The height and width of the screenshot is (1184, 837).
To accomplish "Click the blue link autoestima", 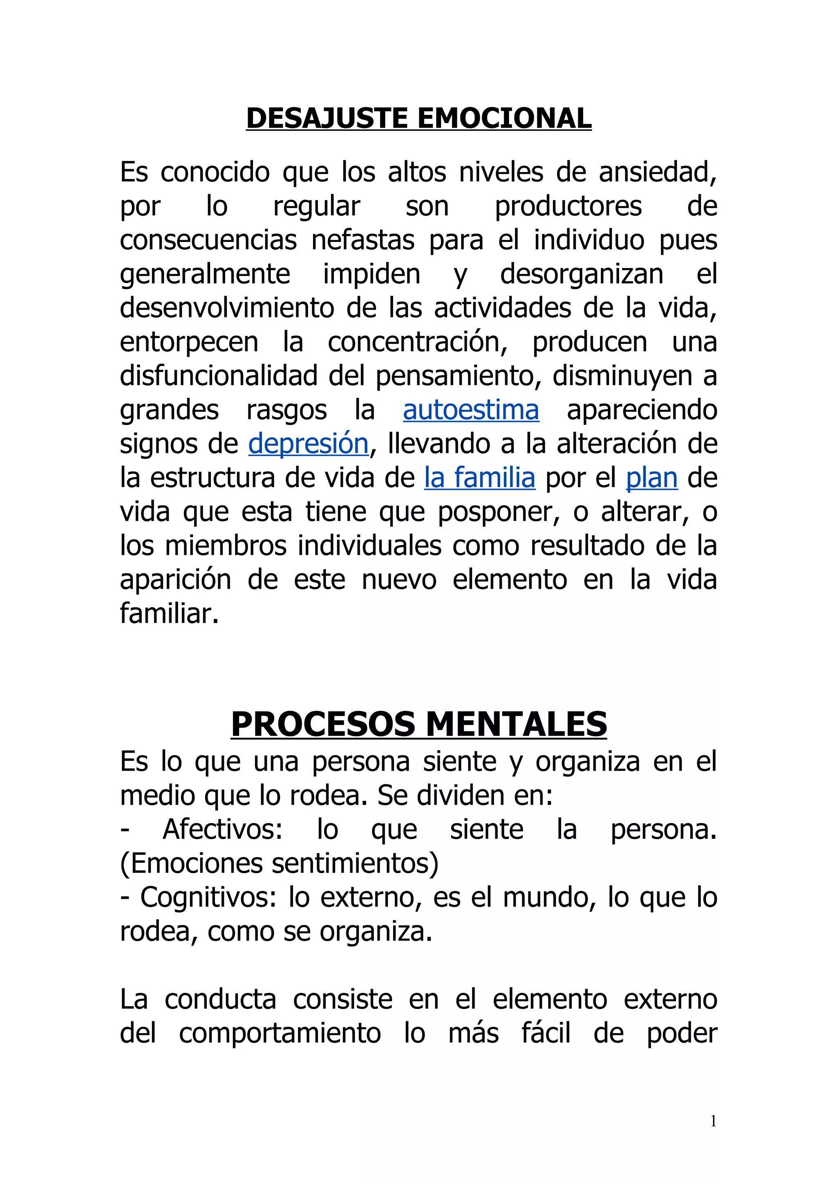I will pyautogui.click(x=471, y=410).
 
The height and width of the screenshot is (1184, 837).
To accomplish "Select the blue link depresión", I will pyautogui.click(x=309, y=444).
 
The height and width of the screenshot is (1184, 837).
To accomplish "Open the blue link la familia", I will pyautogui.click(x=480, y=478).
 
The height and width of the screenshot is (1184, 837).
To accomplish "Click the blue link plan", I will pyautogui.click(x=651, y=478).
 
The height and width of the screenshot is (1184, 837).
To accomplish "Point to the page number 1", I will pyautogui.click(x=713, y=1121).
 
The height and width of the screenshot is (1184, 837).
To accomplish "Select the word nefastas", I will pyautogui.click(x=363, y=240).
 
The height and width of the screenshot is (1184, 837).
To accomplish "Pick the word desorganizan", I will pyautogui.click(x=581, y=274).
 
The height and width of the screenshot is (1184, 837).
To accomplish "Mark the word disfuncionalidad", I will pyautogui.click(x=219, y=376).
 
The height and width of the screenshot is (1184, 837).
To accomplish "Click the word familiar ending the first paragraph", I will pyautogui.click(x=169, y=614).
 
